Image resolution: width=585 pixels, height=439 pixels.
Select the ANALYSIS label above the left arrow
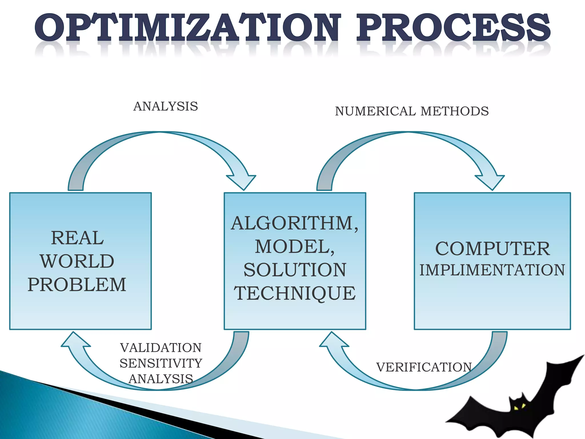click(166, 106)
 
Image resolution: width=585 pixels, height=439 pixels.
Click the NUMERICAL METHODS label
click(412, 111)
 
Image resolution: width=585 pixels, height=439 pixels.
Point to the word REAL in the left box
click(77, 238)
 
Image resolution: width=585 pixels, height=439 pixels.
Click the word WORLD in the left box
click(77, 261)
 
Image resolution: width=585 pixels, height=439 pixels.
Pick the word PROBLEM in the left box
click(77, 285)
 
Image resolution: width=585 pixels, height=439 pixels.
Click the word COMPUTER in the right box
click(492, 248)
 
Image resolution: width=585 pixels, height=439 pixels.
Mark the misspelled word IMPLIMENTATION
click(492, 270)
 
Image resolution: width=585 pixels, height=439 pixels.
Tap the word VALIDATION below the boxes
click(161, 348)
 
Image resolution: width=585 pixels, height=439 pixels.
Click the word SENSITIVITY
click(161, 363)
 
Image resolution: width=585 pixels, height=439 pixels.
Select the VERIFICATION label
click(424, 367)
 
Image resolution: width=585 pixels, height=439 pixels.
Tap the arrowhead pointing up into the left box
click(75, 340)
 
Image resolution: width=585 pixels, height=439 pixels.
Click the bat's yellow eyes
click(520, 407)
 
